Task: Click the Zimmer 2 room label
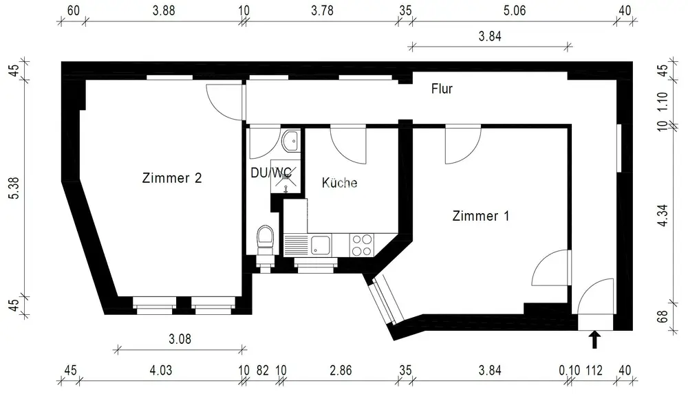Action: coord(172,177)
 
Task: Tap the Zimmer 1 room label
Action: coord(481,216)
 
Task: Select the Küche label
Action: coord(339,182)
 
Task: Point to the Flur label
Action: coord(442,89)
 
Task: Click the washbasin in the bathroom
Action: coord(290,140)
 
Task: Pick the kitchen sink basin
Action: coord(321,245)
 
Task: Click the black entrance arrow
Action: coord(594,339)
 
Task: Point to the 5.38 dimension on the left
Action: coord(14,188)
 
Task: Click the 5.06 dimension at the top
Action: coord(514,10)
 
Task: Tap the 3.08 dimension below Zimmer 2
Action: coord(180,339)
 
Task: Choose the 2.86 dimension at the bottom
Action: coord(341,371)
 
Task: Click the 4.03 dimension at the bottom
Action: coord(161,371)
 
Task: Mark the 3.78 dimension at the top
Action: coord(323,10)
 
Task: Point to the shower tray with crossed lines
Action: coord(286,177)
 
